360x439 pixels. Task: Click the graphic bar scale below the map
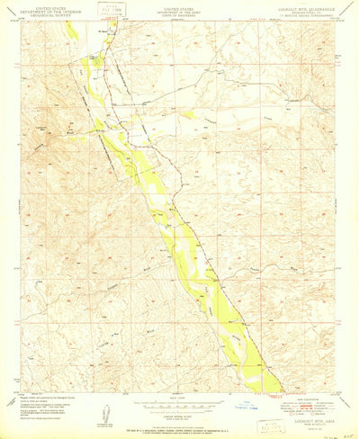pyautogui.click(x=180, y=401)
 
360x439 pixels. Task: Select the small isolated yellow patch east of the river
pyautogui.click(x=186, y=114)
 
